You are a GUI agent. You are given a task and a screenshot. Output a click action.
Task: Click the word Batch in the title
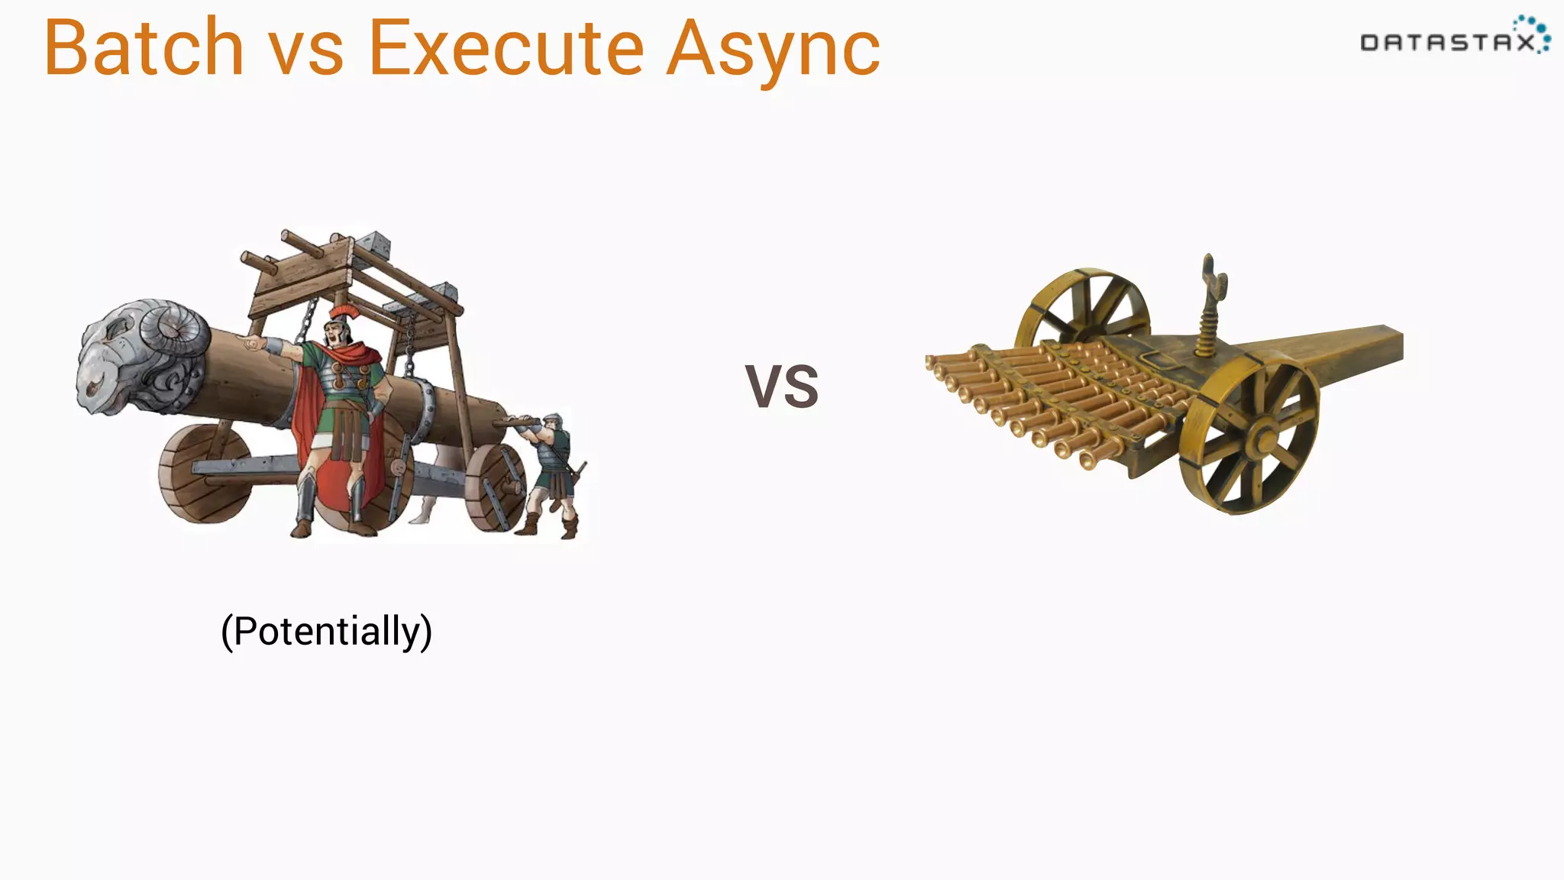(x=144, y=47)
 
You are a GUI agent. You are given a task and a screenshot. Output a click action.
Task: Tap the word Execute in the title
(x=506, y=47)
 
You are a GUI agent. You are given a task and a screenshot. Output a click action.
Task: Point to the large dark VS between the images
(x=781, y=387)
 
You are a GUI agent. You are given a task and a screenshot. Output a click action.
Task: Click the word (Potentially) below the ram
(x=326, y=631)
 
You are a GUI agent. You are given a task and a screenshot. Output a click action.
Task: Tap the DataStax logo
(x=1455, y=37)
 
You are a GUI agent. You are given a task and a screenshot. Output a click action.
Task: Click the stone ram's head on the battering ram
(x=137, y=355)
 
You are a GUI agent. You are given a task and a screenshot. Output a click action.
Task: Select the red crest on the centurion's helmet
(x=344, y=312)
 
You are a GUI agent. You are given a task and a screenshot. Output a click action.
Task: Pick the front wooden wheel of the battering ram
(x=205, y=474)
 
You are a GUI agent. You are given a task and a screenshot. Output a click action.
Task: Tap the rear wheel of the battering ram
(x=496, y=486)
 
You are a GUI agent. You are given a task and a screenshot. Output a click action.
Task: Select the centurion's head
(x=336, y=332)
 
